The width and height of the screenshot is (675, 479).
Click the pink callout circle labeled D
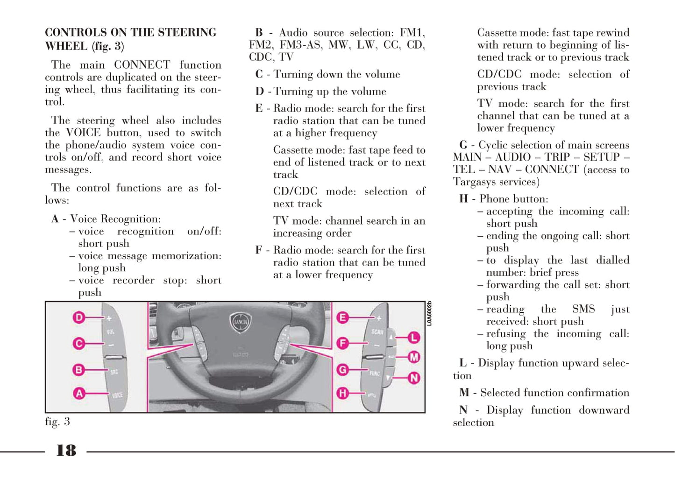pos(79,318)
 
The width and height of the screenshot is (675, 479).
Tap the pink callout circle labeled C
pos(79,344)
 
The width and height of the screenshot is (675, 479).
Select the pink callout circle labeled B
pos(79,370)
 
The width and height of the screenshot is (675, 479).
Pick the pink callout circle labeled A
pos(79,393)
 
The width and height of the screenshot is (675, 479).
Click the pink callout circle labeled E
pos(343,318)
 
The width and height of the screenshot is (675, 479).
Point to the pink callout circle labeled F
pos(343,344)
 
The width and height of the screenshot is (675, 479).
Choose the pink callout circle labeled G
pos(343,370)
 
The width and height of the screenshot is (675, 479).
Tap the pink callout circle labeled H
pos(343,393)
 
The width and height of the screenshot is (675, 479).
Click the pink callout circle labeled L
pos(414,337)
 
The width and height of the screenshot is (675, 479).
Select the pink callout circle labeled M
pos(414,358)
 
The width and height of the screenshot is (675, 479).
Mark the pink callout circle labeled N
pos(414,378)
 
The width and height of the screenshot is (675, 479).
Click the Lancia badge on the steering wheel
pos(241,322)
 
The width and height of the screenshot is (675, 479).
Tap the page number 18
pos(66,451)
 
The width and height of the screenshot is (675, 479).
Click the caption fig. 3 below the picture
pos(57,422)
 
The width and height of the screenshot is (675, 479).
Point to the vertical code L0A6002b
pos(429,314)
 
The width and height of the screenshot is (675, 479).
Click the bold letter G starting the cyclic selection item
pos(463,145)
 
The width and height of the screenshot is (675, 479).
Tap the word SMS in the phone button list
pos(583,309)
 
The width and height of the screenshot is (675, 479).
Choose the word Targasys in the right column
pos(472,182)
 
